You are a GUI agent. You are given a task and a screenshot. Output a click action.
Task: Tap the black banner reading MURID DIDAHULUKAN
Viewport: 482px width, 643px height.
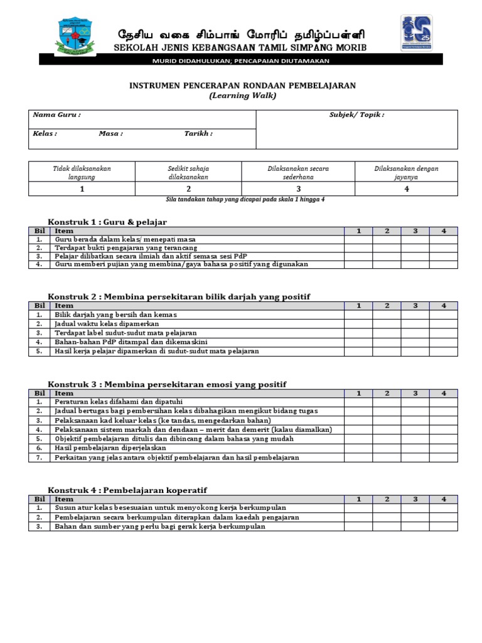241,60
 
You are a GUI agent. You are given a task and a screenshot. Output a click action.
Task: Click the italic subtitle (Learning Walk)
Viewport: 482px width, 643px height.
242,95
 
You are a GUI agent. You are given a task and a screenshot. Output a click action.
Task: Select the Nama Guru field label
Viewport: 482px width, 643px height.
56,115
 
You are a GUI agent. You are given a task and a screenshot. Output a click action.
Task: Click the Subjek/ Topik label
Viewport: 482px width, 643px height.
356,115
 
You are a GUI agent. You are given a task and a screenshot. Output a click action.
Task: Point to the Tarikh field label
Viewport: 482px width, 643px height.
198,134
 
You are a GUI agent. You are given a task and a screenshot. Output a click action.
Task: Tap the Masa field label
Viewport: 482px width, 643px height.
110,134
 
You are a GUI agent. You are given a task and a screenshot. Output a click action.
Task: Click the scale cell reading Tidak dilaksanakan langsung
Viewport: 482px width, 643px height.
82,173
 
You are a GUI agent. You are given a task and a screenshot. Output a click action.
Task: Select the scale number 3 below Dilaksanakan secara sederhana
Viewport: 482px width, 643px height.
298,189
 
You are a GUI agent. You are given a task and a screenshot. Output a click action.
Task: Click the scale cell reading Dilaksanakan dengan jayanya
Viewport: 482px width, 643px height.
406,173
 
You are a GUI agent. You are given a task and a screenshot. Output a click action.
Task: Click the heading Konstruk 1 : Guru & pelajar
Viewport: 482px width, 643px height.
107,222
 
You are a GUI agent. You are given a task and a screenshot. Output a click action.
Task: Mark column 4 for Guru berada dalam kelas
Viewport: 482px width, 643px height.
443,239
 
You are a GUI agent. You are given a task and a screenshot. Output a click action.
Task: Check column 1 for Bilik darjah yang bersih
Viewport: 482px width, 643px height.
358,314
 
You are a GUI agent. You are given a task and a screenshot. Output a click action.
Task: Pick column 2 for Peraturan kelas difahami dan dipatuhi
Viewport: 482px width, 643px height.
387,401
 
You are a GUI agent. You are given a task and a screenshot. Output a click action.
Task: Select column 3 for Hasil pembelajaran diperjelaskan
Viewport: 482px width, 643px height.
415,448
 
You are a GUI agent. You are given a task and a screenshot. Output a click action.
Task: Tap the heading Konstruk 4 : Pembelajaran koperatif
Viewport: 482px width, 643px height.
127,489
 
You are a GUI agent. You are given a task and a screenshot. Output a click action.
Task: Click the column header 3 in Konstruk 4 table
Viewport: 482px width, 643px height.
415,499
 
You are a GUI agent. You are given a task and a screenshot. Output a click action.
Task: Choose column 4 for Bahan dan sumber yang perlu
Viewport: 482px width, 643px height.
443,526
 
